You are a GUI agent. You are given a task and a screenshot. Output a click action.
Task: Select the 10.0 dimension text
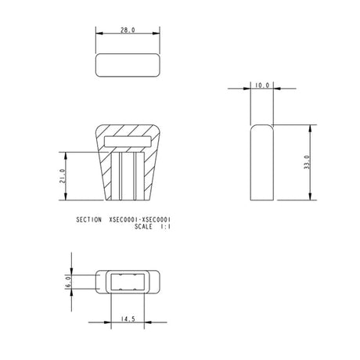click(x=261, y=85)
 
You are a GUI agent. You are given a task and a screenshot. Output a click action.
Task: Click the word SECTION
click(x=89, y=221)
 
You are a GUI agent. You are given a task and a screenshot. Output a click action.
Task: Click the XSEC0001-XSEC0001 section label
click(x=141, y=221)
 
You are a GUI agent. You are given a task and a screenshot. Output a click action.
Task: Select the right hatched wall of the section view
click(x=151, y=172)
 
